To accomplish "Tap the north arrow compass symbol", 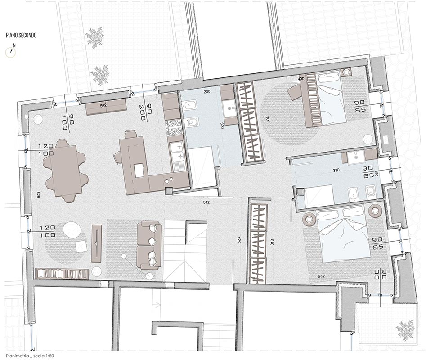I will pyautogui.click(x=11, y=50).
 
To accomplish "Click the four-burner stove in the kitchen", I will pyautogui.click(x=173, y=129).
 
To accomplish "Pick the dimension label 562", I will pyautogui.click(x=103, y=106).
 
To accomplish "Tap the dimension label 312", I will pyautogui.click(x=206, y=202).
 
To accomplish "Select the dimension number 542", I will pyautogui.click(x=321, y=276).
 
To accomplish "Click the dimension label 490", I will pyautogui.click(x=301, y=79).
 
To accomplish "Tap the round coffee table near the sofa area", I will pyautogui.click(x=72, y=230).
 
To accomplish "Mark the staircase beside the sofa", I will pyautogui.click(x=186, y=251).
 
